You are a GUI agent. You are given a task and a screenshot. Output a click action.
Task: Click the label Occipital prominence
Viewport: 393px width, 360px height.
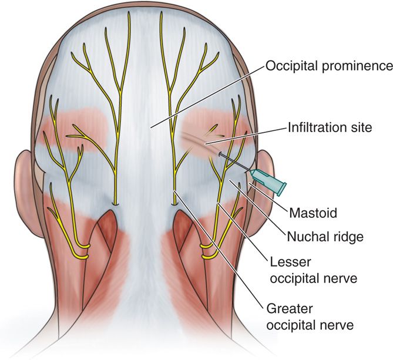(x=329, y=66)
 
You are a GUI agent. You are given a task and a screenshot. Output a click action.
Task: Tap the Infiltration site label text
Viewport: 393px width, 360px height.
(x=330, y=127)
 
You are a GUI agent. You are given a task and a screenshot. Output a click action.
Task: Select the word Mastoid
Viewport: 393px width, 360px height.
(x=313, y=213)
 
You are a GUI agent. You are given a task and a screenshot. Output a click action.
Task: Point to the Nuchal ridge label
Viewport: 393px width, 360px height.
(x=325, y=237)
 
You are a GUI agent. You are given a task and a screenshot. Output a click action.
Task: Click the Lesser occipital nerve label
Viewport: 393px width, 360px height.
(x=313, y=270)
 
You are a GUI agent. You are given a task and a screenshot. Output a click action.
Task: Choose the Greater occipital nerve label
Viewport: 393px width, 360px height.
(x=310, y=317)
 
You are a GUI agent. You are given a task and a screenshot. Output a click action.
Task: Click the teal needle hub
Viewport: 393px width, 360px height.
(x=268, y=181)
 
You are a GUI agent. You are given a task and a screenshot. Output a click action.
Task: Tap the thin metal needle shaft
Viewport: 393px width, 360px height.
(x=234, y=162)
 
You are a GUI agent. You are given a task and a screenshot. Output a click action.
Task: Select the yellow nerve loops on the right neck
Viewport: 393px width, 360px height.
(x=209, y=251)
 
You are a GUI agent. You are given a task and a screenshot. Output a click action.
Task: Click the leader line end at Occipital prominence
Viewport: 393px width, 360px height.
(x=150, y=128)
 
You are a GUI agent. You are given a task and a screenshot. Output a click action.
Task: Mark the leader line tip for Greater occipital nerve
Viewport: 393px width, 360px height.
(x=174, y=191)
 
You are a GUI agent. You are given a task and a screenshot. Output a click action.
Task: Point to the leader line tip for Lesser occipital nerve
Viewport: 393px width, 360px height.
(x=217, y=203)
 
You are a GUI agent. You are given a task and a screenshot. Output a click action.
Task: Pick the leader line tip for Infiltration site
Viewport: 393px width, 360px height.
(x=205, y=144)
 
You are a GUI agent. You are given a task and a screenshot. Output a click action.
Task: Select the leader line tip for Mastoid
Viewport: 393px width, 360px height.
(x=249, y=184)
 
